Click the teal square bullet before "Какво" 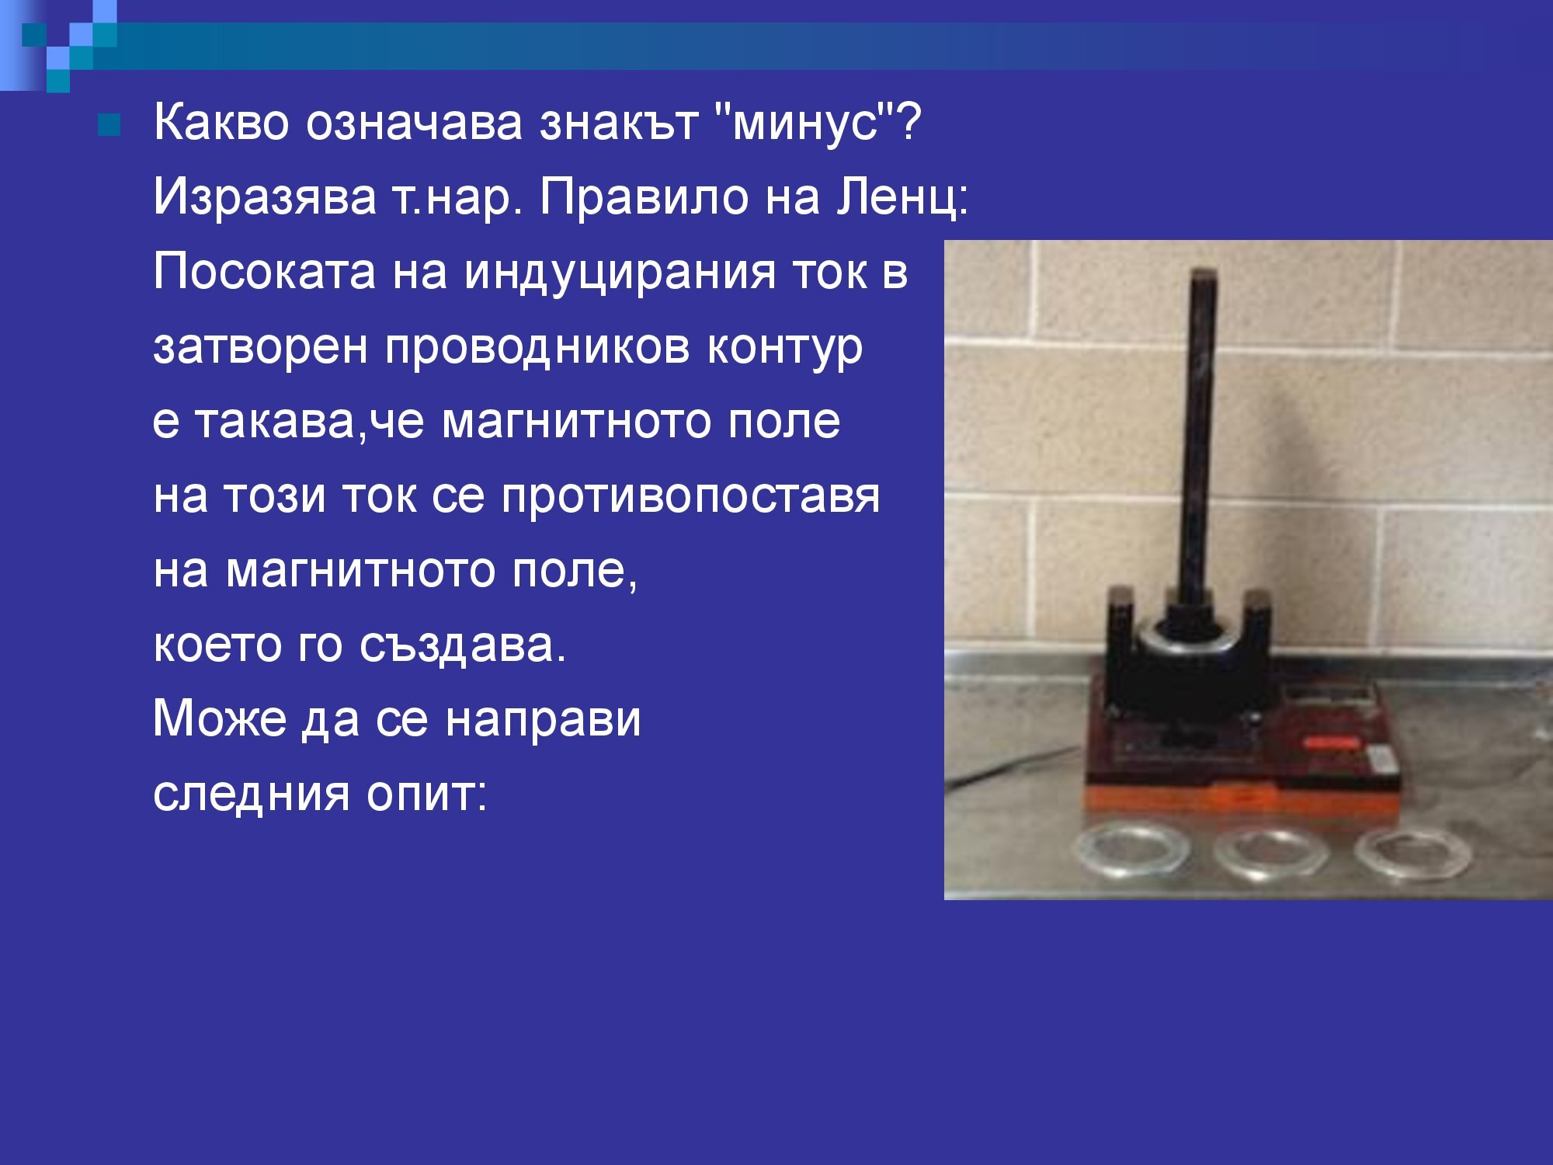[x=109, y=124]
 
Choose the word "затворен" [x=260, y=347]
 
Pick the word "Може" [x=219, y=719]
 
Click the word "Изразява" [x=264, y=197]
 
